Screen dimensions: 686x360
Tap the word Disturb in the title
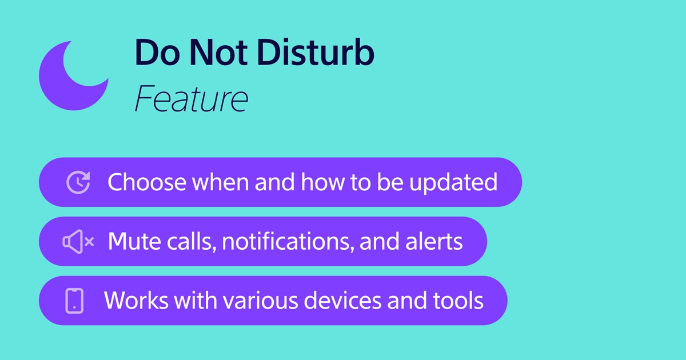pyautogui.click(x=316, y=53)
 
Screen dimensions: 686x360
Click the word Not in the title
pyautogui.click(x=218, y=53)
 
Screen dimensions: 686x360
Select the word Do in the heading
pyautogui.click(x=157, y=53)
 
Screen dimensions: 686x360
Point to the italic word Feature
pyautogui.click(x=192, y=98)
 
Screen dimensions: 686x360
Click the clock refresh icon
pyautogui.click(x=78, y=182)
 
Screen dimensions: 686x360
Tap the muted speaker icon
pyautogui.click(x=78, y=242)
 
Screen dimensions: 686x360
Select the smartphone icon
pyautogui.click(x=74, y=301)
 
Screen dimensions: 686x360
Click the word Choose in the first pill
pyautogui.click(x=147, y=182)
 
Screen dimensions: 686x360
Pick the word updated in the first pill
pyautogui.click(x=453, y=183)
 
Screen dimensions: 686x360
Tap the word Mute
pyautogui.click(x=134, y=242)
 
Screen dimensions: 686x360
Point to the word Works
pyautogui.click(x=136, y=301)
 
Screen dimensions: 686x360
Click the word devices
pyautogui.click(x=342, y=300)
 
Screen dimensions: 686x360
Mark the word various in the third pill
pyautogui.click(x=260, y=301)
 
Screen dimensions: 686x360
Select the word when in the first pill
pyautogui.click(x=220, y=182)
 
